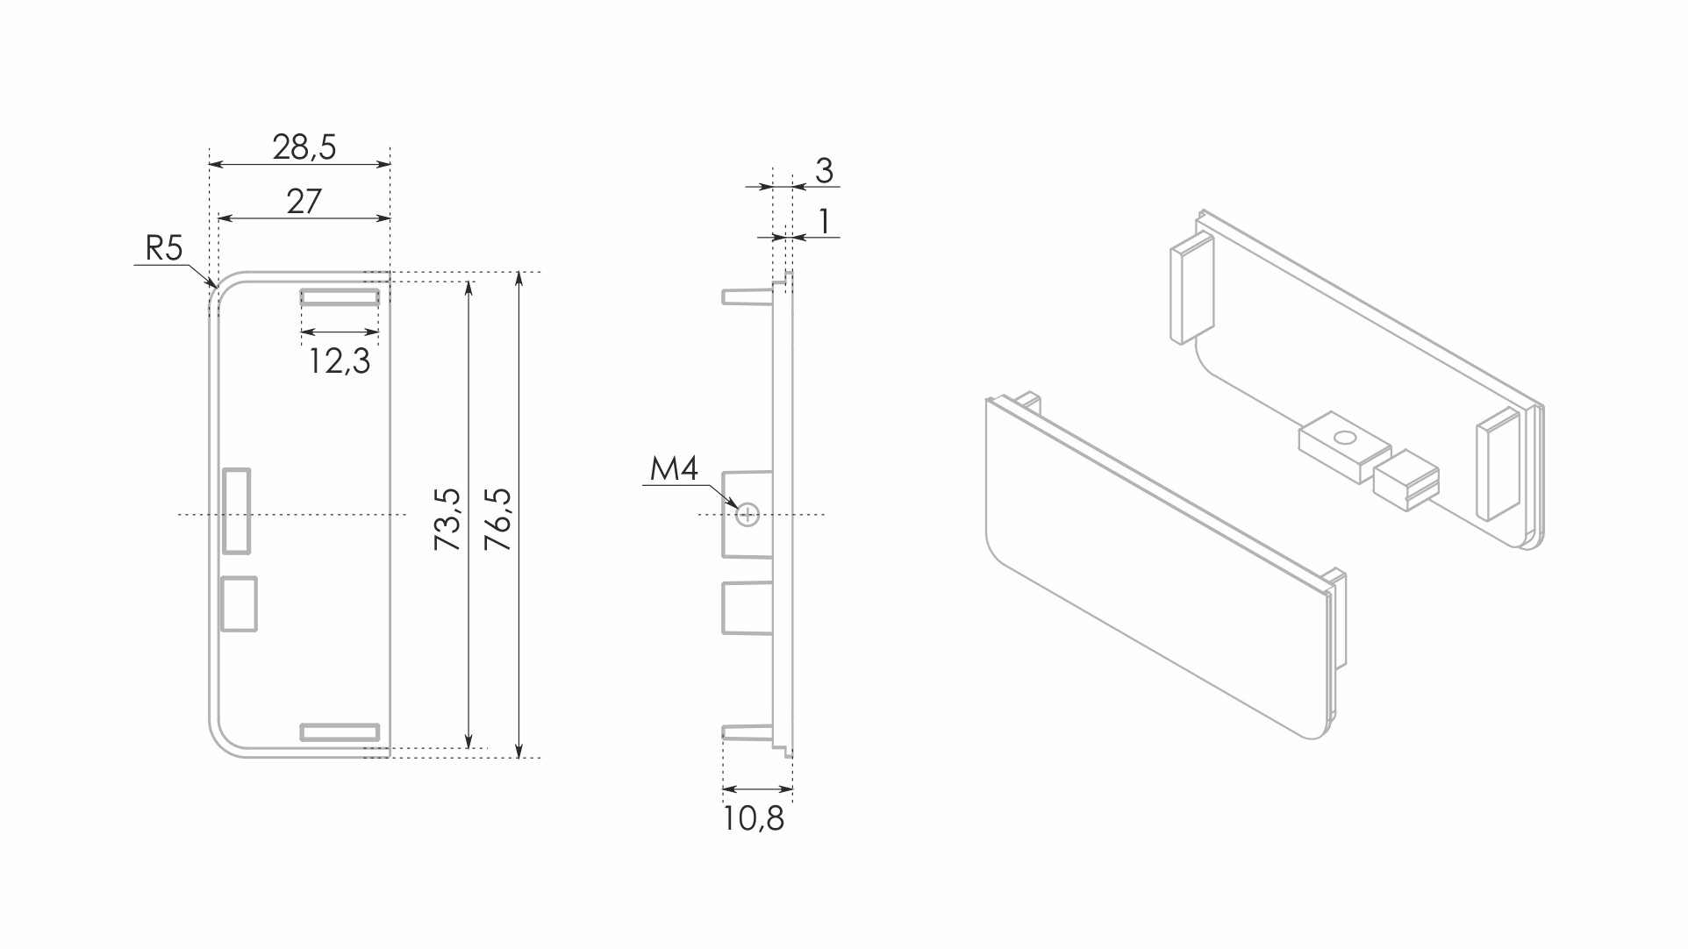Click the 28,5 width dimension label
(304, 147)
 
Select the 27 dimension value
(304, 202)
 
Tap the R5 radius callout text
(164, 248)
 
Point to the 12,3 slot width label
(340, 361)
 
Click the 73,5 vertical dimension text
(447, 519)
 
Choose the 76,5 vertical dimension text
(497, 519)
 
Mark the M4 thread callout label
(674, 469)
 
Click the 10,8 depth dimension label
(754, 818)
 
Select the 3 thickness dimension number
(824, 170)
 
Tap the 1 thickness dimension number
(824, 221)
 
